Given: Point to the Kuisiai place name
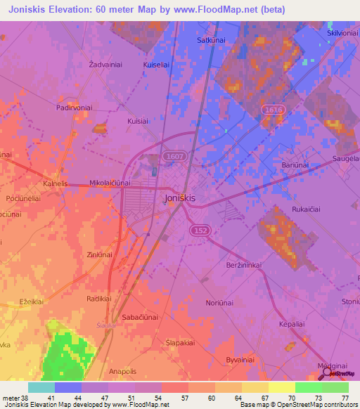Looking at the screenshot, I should click(x=139, y=121).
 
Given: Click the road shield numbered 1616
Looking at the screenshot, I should click(x=274, y=110).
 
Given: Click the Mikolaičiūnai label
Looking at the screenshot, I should click(x=110, y=183).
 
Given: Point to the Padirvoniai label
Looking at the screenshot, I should click(x=75, y=108).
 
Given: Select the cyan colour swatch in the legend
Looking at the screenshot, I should click(x=41, y=387).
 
